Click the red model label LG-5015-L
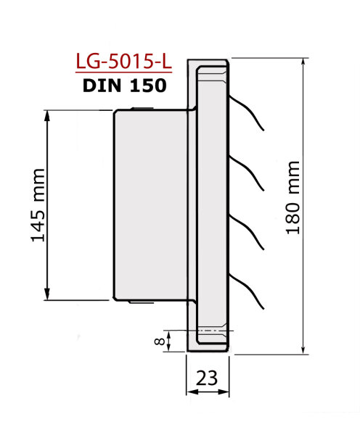(x=123, y=61)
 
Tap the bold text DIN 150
(x=124, y=85)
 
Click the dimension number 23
(x=208, y=378)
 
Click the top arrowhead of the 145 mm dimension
(x=48, y=115)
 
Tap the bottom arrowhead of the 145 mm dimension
(x=48, y=295)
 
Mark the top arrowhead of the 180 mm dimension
(x=303, y=62)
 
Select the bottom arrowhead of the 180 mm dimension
(x=303, y=349)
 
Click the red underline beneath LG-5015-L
(x=123, y=72)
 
